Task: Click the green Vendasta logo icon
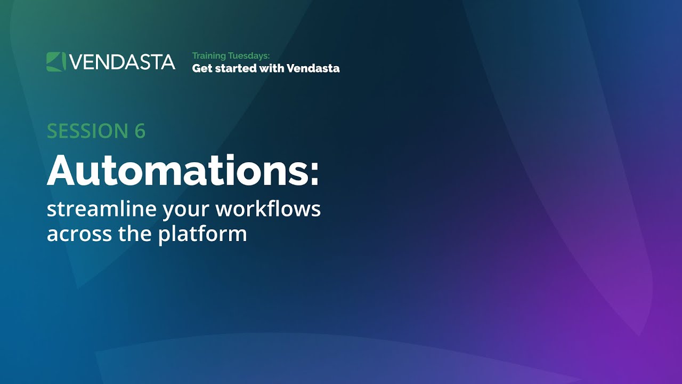click(56, 62)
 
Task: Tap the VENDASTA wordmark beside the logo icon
click(122, 62)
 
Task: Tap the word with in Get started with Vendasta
click(272, 68)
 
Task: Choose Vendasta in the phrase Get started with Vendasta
click(313, 68)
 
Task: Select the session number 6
click(140, 131)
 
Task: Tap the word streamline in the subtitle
click(101, 209)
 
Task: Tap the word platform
click(202, 235)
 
